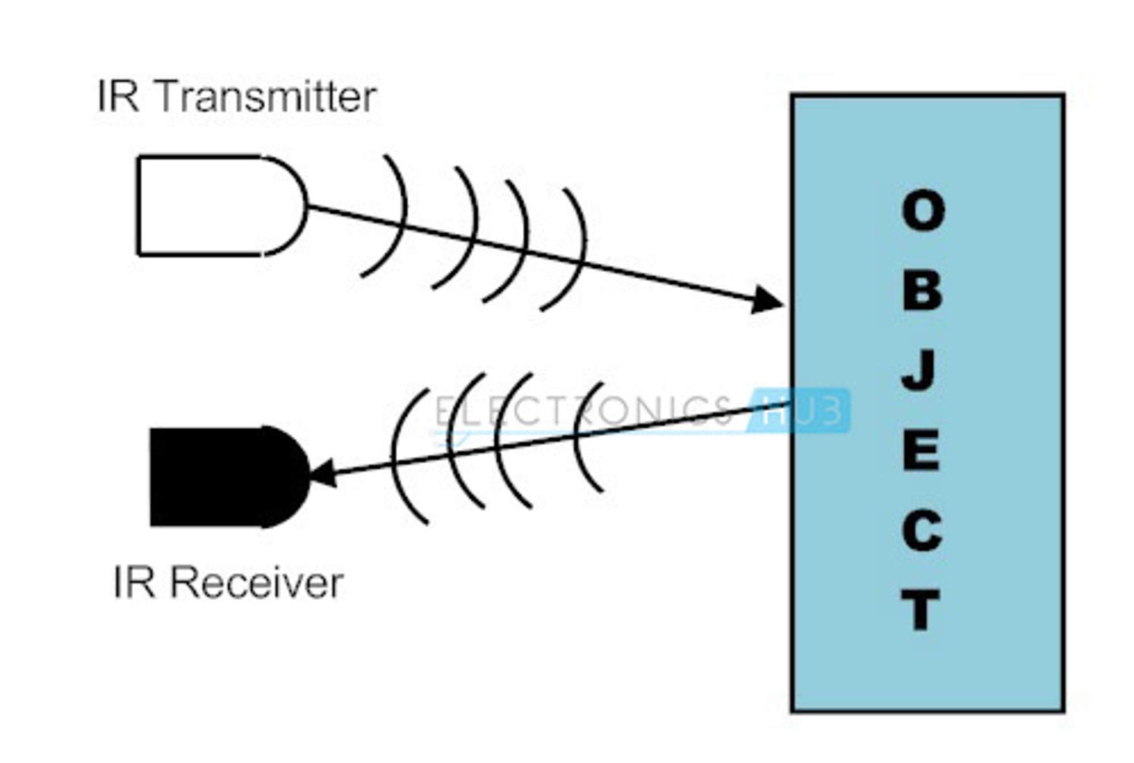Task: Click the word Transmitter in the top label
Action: click(265, 97)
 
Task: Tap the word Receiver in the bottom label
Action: click(257, 583)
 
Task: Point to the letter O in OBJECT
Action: click(923, 211)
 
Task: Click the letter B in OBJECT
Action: click(922, 291)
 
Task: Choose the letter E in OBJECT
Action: click(921, 451)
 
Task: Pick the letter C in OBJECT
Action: click(922, 531)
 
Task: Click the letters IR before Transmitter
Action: click(118, 97)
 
